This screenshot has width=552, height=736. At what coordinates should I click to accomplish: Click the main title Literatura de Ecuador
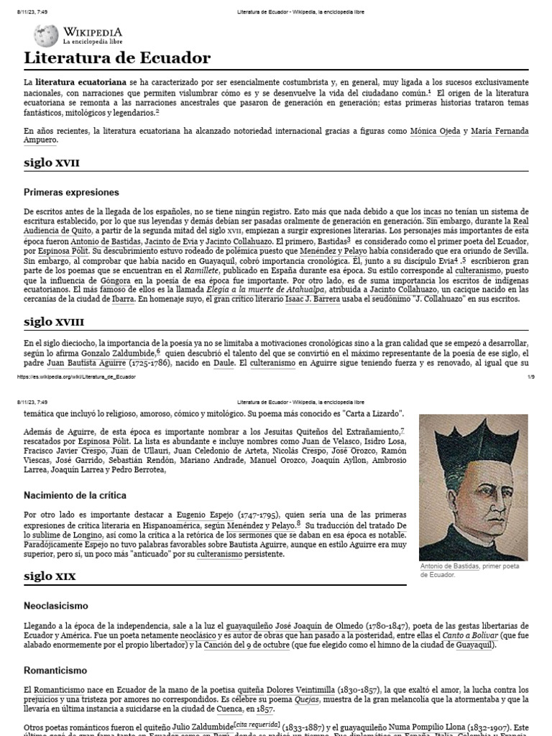(x=117, y=58)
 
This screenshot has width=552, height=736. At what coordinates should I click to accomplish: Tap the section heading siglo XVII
(x=51, y=162)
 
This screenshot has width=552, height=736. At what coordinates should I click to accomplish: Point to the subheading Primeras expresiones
(x=71, y=193)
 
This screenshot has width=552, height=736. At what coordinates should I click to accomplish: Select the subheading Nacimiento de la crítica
(x=75, y=495)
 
